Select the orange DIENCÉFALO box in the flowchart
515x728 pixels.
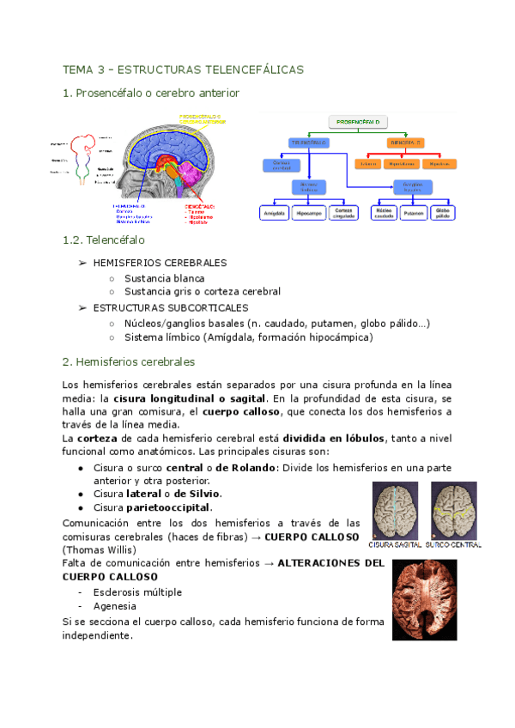tap(408, 143)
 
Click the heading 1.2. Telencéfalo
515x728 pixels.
tap(100, 242)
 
